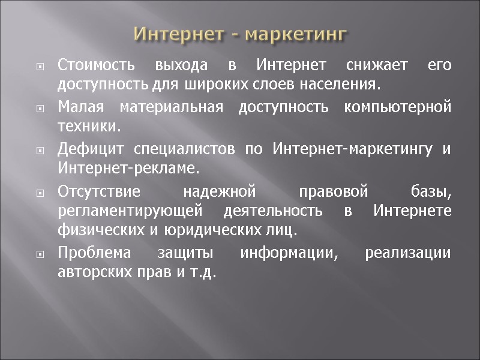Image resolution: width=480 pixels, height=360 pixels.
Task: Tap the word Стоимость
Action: pos(94,64)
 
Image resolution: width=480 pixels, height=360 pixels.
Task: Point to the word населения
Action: pos(347,84)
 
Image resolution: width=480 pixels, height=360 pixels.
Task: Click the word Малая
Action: pos(81,108)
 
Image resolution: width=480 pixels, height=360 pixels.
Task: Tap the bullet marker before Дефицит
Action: pos(41,150)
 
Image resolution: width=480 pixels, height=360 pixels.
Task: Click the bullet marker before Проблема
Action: pos(41,254)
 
